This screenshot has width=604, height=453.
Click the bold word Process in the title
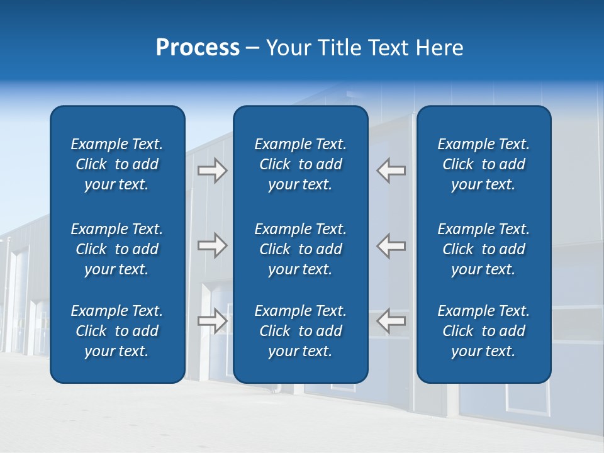pyautogui.click(x=198, y=48)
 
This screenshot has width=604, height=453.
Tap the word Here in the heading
pyautogui.click(x=440, y=48)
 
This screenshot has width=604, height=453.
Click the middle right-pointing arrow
pyautogui.click(x=212, y=245)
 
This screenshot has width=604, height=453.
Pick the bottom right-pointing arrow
pyautogui.click(x=212, y=321)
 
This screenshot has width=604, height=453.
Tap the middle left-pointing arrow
pyautogui.click(x=391, y=245)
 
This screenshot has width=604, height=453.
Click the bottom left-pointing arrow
pyautogui.click(x=391, y=321)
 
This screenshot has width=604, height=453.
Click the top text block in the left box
pyautogui.click(x=117, y=164)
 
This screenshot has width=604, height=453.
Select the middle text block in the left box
pyautogui.click(x=117, y=249)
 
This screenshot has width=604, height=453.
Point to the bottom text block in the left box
pyautogui.click(x=117, y=331)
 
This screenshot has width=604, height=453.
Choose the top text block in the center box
pyautogui.click(x=300, y=164)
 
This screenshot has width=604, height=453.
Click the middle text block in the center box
pyautogui.click(x=300, y=249)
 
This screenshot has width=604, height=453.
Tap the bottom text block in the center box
pyautogui.click(x=300, y=331)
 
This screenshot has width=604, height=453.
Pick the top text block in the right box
pyautogui.click(x=483, y=164)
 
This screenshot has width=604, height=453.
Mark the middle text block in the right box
pyautogui.click(x=483, y=249)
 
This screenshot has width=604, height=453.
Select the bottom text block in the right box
pyautogui.click(x=483, y=331)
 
